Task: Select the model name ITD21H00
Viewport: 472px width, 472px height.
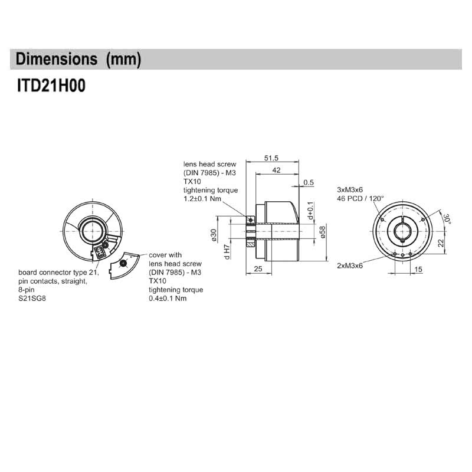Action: pos(51,86)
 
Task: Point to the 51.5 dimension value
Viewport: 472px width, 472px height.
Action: pos(271,158)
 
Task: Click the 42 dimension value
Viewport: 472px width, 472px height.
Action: pos(276,170)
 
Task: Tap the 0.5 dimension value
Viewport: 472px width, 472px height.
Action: pos(308,183)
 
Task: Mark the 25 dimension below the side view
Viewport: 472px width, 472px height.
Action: pos(257,270)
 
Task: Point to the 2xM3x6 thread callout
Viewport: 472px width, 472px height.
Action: pos(349,265)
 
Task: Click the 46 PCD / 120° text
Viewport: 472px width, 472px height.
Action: pos(360,199)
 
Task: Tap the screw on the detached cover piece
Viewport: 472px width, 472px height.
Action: pos(123,264)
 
